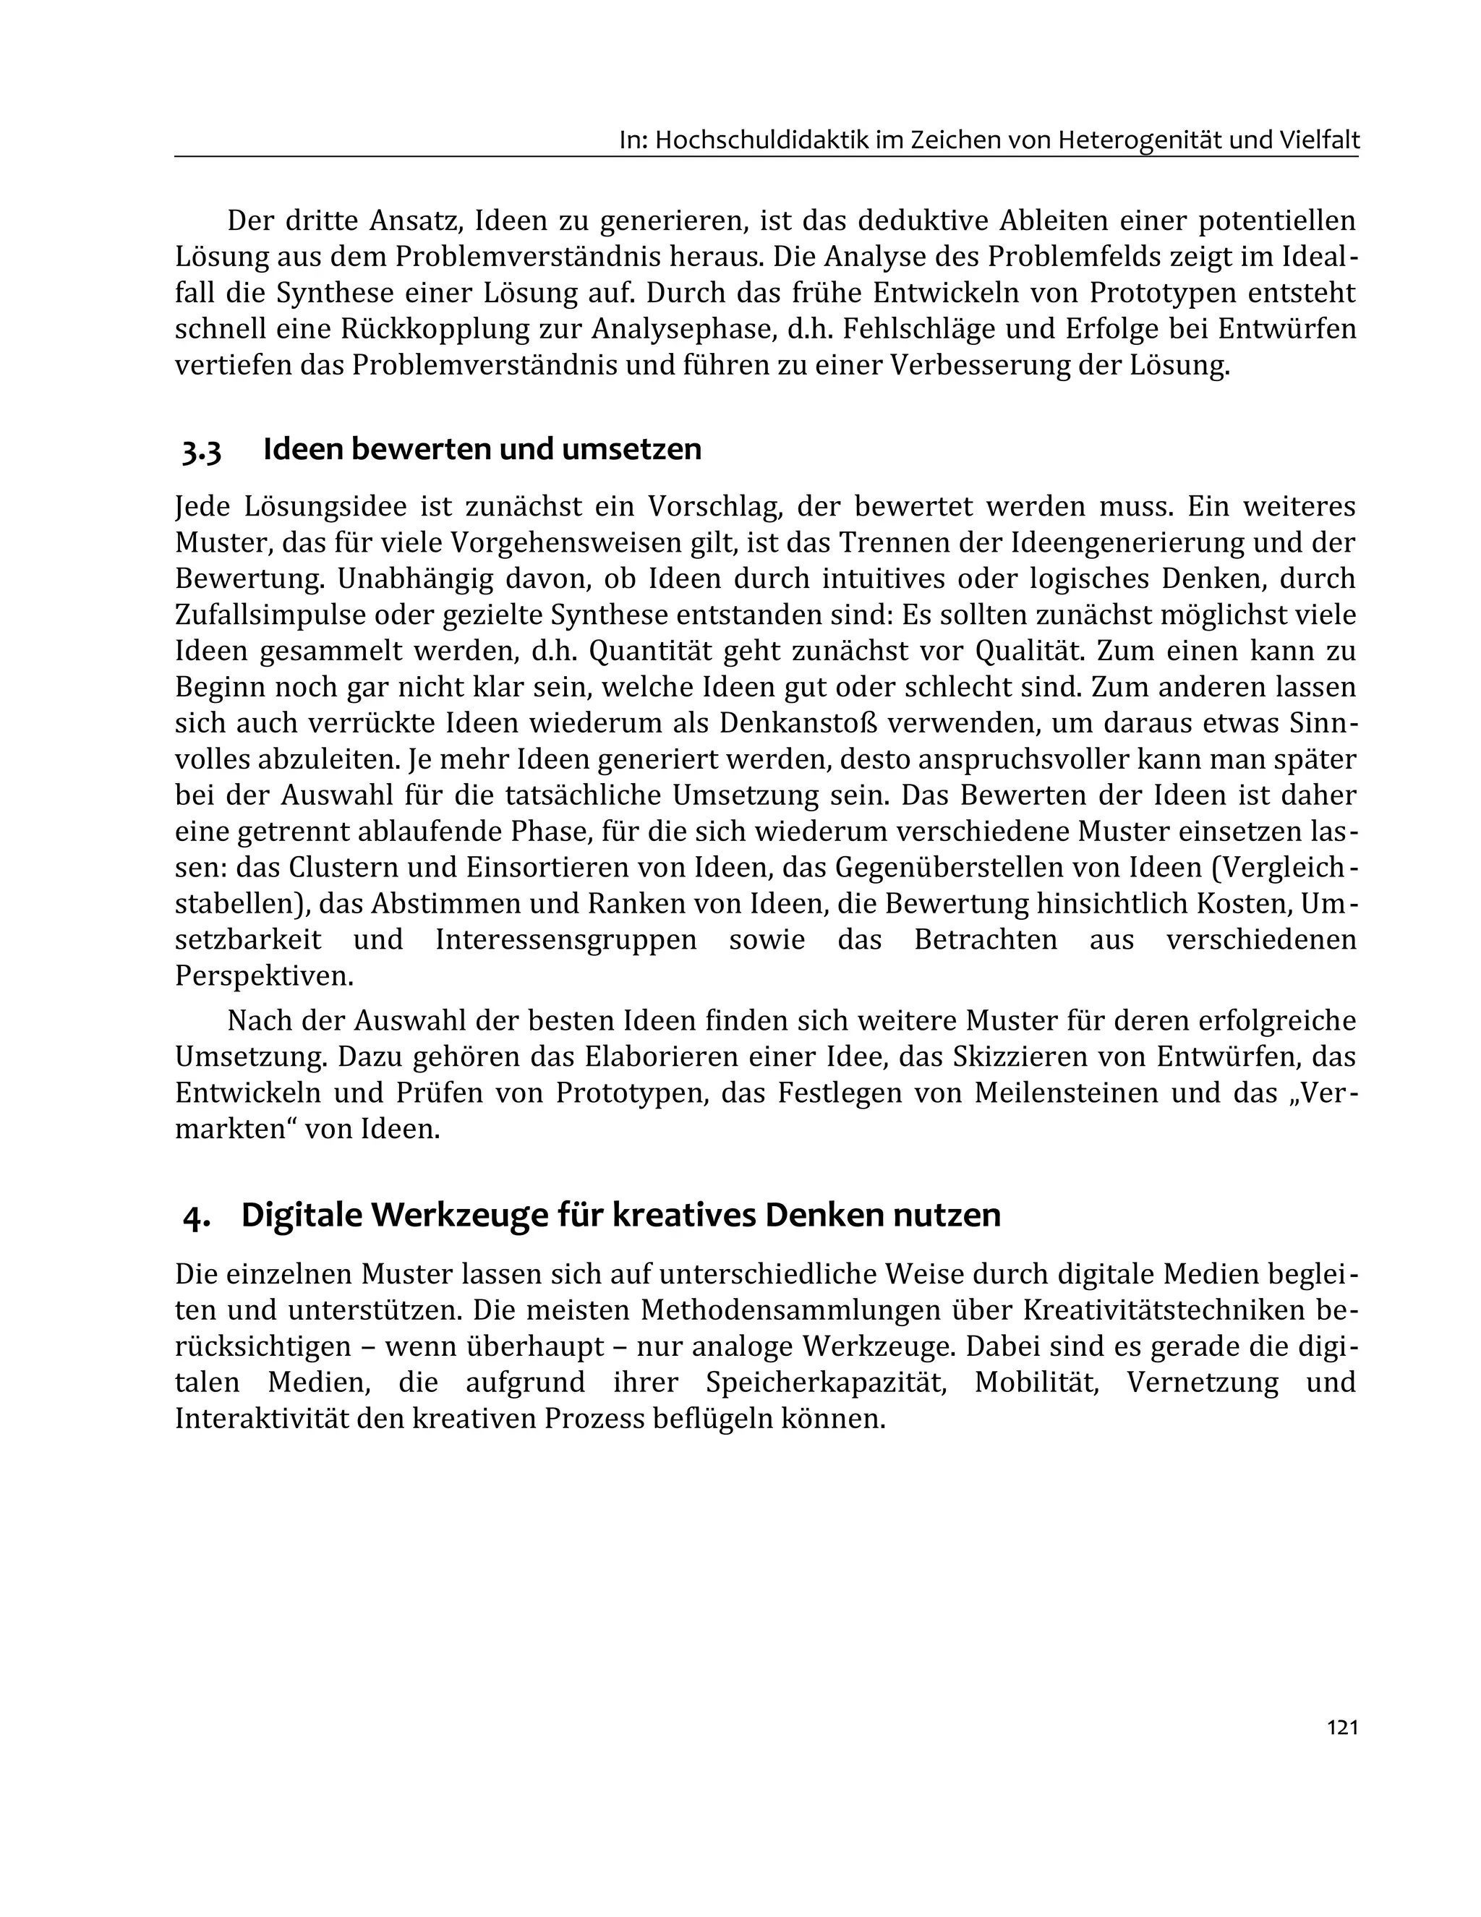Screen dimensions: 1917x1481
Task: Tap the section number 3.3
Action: (202, 451)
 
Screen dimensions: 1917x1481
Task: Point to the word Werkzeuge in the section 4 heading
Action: (461, 1215)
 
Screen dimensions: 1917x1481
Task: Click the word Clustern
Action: (344, 867)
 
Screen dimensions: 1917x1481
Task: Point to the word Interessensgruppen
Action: (565, 939)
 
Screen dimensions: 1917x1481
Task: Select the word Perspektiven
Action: (263, 975)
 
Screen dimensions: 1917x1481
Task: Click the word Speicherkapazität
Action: (824, 1382)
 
